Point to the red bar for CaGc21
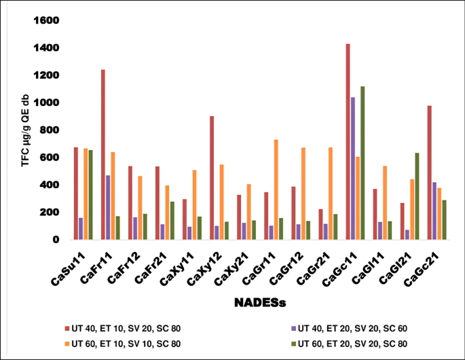pos(430,173)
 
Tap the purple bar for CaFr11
pos(109,207)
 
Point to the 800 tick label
pos(50,130)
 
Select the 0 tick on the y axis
pos(56,240)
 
